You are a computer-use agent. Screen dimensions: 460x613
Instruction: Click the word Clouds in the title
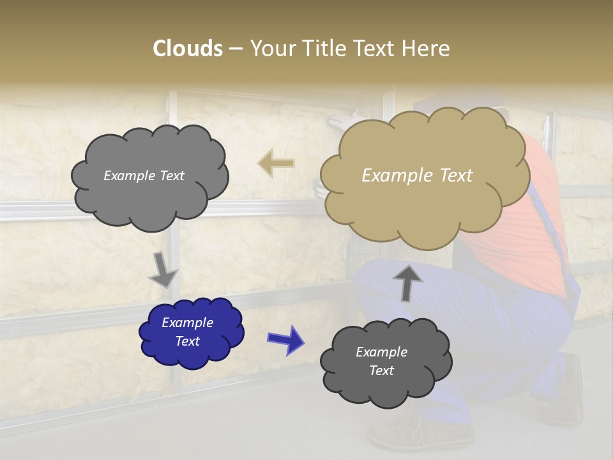point(187,49)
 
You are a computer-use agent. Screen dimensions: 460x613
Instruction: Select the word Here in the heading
point(426,49)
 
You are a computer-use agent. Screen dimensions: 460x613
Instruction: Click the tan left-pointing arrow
point(276,163)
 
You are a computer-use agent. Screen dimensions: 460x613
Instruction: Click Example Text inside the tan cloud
point(417,176)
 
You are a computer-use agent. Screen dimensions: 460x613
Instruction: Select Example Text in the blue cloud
point(188,332)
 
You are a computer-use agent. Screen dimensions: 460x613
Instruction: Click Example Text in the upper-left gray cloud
point(144,176)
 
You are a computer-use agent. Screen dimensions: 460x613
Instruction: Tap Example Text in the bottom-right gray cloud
point(381,361)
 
